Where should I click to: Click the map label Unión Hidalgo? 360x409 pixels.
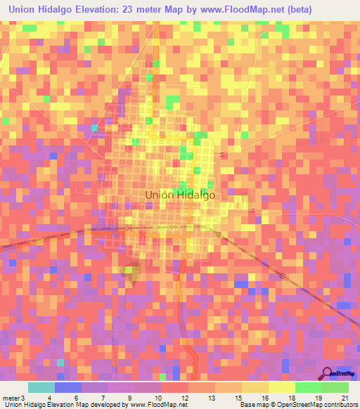coord(179,197)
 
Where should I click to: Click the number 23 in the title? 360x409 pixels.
coord(132,8)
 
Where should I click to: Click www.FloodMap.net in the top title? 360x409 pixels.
coord(236,8)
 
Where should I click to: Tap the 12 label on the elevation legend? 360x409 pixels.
coord(184,397)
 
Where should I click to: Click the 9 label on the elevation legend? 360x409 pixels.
coord(130,397)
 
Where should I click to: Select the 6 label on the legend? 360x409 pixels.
coord(77,397)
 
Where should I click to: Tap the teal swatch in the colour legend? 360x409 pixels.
coord(41,387)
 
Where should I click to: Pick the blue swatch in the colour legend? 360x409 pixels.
coord(68,387)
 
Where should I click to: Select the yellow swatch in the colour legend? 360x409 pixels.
coord(282,387)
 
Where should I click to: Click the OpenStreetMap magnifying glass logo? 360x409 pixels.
coord(327,373)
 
